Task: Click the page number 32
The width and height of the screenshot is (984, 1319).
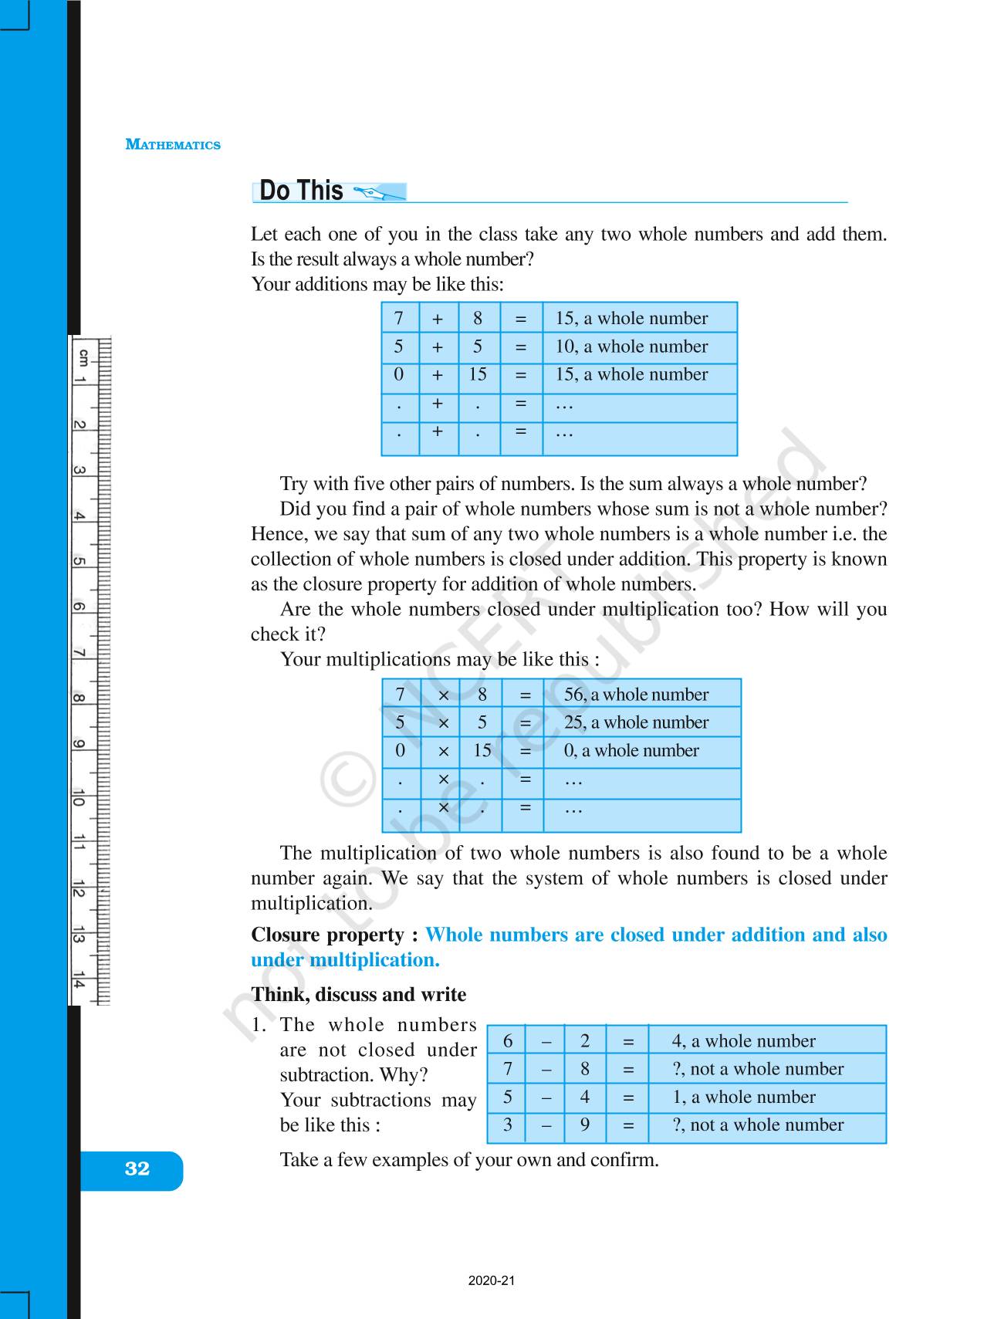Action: coord(137,1168)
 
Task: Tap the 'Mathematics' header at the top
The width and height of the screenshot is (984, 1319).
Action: coord(173,145)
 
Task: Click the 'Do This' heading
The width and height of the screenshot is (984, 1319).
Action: coord(301,191)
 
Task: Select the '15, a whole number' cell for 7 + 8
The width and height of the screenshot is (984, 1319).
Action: coord(631,319)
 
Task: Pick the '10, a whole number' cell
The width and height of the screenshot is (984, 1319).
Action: coord(631,347)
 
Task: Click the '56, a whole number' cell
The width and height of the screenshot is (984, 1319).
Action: coord(636,695)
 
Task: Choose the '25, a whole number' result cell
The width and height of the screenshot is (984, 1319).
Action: coord(636,722)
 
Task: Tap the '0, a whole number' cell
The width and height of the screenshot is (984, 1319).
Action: coord(631,751)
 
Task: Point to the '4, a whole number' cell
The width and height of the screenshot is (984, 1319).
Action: coord(743,1041)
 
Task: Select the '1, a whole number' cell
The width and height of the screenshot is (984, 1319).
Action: coord(743,1097)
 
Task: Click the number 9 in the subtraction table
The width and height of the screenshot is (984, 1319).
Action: coord(585,1125)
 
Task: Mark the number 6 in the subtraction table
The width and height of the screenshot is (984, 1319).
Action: coord(508,1041)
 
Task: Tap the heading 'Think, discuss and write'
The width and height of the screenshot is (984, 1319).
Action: coord(358,995)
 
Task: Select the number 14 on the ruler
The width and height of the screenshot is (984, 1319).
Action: coord(79,983)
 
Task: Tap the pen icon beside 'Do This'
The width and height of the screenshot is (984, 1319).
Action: coord(377,191)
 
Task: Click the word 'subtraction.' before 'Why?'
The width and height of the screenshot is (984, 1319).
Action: coord(324,1075)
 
